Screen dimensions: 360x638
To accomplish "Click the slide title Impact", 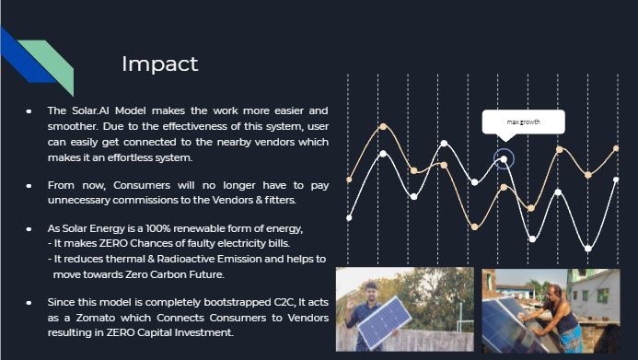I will pyautogui.click(x=159, y=64).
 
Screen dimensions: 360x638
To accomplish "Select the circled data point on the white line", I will pyautogui.click(x=504, y=159).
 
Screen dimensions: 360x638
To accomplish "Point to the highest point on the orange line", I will pyautogui.click(x=383, y=126).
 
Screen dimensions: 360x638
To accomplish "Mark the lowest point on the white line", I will pyautogui.click(x=588, y=249).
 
